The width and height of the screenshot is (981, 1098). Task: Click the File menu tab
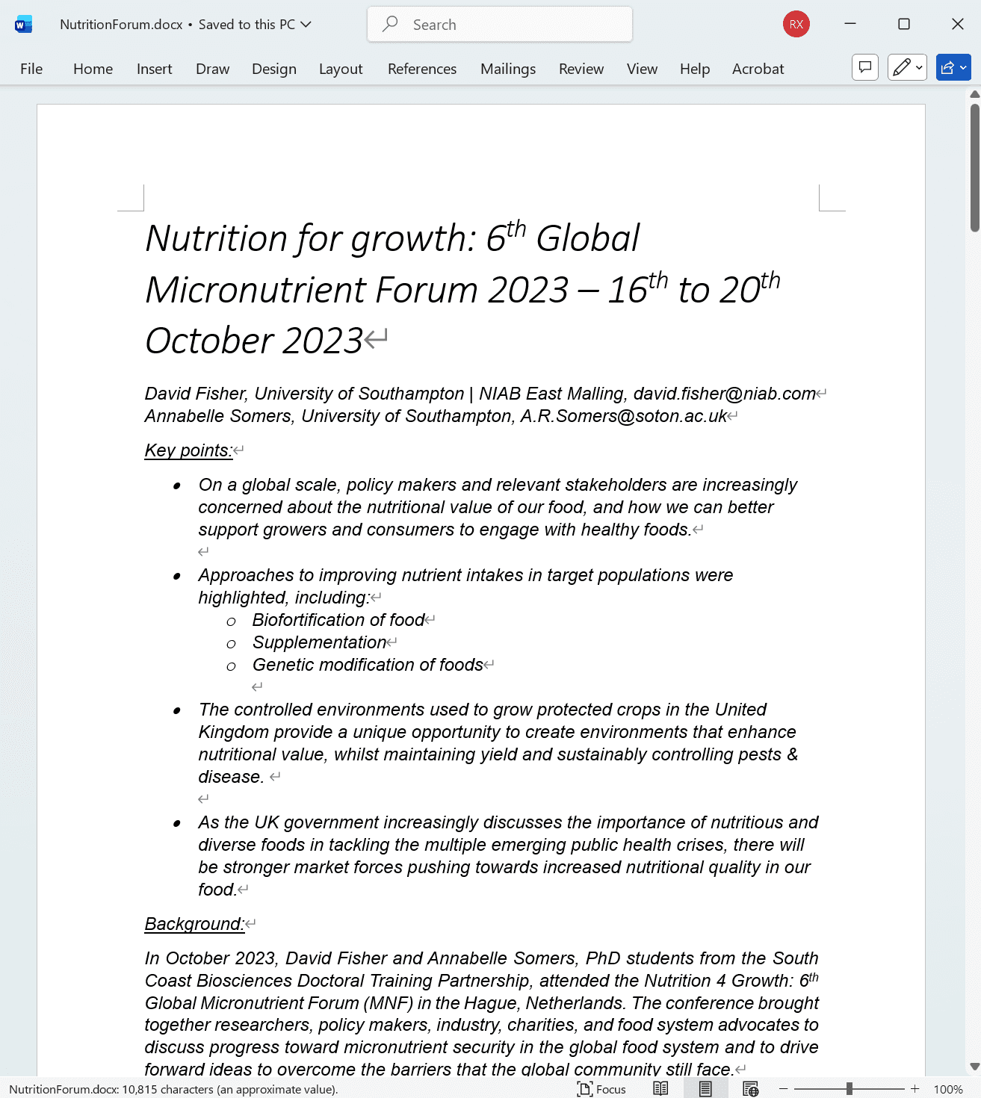pyautogui.click(x=31, y=69)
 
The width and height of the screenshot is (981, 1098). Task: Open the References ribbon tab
pyautogui.click(x=421, y=69)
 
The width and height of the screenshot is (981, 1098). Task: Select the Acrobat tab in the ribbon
pyautogui.click(x=758, y=69)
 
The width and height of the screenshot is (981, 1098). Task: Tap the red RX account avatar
pyautogui.click(x=796, y=25)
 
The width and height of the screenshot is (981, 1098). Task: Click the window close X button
pyautogui.click(x=957, y=25)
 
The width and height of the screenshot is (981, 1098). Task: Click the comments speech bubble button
pyautogui.click(x=865, y=68)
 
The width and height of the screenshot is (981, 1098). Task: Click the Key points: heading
pyautogui.click(x=188, y=450)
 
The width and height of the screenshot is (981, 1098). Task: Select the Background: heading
pyautogui.click(x=194, y=924)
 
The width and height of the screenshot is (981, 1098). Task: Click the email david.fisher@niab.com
pyautogui.click(x=724, y=394)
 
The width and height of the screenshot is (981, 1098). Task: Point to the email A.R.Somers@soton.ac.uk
pyautogui.click(x=623, y=416)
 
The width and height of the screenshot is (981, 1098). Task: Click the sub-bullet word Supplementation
pyautogui.click(x=319, y=642)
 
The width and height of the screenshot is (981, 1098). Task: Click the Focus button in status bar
pyautogui.click(x=602, y=1089)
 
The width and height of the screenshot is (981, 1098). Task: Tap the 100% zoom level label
pyautogui.click(x=948, y=1089)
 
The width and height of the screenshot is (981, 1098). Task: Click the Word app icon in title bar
pyautogui.click(x=23, y=25)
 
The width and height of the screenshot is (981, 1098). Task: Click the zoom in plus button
pyautogui.click(x=915, y=1089)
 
